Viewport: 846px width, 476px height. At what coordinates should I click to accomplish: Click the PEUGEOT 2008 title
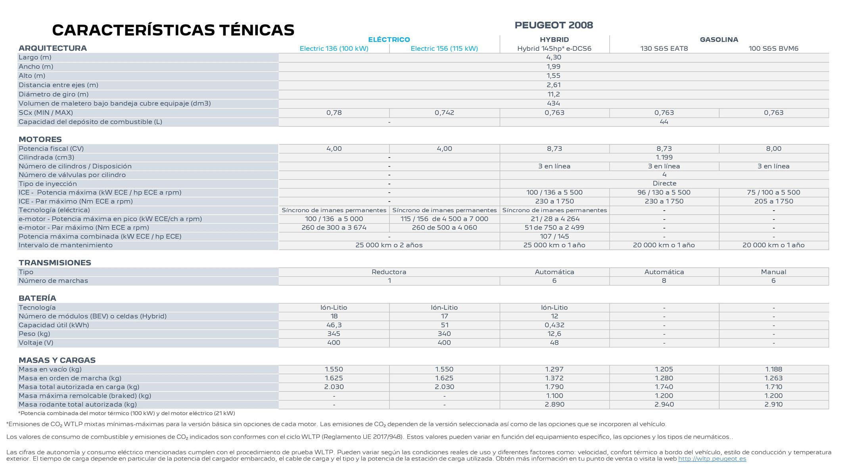coord(554,25)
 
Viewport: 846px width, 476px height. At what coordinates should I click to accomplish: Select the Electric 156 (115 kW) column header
coord(444,48)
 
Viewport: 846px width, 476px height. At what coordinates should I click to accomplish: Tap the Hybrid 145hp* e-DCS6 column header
coord(554,48)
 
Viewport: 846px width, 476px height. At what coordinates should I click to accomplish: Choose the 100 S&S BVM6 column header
coord(773,48)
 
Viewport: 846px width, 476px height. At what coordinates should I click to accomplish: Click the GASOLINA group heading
coord(719,40)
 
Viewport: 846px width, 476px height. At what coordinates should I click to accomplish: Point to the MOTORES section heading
coord(40,139)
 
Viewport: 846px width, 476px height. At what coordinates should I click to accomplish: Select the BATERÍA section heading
coord(37,298)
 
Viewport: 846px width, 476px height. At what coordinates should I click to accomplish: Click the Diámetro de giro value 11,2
coord(553,94)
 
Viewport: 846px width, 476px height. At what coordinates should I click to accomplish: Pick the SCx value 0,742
coord(444,113)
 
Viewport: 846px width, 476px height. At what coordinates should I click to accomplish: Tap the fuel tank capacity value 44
coord(664,122)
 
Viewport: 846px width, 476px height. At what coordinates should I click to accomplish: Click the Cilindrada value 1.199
coord(664,157)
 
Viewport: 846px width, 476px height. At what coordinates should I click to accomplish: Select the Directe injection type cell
coord(664,184)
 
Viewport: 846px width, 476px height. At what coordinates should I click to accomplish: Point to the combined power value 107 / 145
coord(554,236)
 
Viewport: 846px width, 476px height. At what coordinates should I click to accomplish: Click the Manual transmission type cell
coord(773,272)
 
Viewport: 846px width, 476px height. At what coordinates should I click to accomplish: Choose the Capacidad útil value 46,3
coord(334,325)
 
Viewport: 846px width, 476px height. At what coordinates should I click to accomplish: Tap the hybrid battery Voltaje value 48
coord(554,343)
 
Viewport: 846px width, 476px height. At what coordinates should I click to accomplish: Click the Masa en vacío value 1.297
coord(554,369)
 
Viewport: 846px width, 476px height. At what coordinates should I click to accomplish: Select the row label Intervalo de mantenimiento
coord(65,245)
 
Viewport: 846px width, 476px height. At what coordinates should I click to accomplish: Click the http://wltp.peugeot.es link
coord(712,459)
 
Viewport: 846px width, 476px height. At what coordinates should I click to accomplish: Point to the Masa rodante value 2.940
coord(664,405)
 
